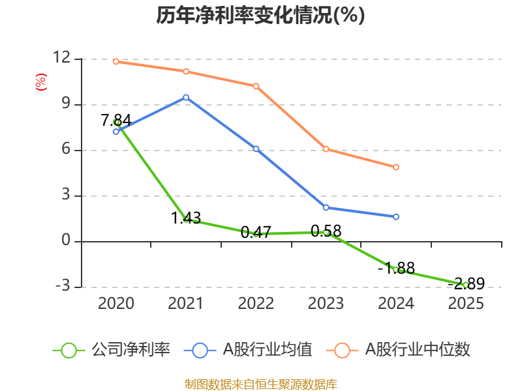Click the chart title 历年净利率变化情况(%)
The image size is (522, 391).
pos(260,16)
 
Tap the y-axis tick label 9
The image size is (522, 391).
pos(65,104)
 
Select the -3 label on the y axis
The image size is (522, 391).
pos(61,287)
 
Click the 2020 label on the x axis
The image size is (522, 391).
pos(116,303)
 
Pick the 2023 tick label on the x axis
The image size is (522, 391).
pos(326,303)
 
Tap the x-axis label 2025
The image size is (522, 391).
pos(466,303)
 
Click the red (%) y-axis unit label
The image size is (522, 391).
pos(40,83)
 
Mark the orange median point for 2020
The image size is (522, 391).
pos(116,61)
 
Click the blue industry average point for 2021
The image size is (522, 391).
pos(186,97)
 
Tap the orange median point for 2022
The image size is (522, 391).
pos(256,86)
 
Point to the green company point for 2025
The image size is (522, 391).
pos(466,285)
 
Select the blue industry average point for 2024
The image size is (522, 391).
pos(396,216)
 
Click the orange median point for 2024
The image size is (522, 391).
pos(396,167)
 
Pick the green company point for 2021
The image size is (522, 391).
pos(186,219)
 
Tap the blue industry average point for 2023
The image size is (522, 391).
pos(326,207)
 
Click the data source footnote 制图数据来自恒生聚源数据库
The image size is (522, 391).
pos(260,384)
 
